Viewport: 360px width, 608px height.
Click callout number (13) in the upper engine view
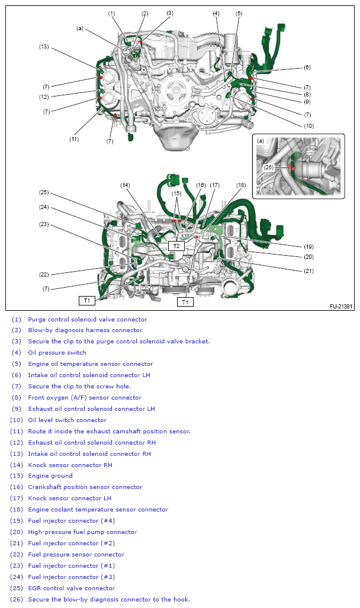click(44, 47)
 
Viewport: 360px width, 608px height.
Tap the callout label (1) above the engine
click(112, 13)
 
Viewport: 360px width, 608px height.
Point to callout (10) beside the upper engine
click(309, 126)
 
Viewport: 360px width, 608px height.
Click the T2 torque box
click(176, 245)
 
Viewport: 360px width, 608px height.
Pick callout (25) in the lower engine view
click(44, 192)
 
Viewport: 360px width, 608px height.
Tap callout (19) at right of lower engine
click(308, 246)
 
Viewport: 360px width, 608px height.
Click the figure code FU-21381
click(341, 307)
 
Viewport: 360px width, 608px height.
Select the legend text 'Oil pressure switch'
click(57, 353)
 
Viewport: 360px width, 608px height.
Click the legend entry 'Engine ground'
click(50, 476)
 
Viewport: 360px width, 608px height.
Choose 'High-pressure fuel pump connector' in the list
click(82, 532)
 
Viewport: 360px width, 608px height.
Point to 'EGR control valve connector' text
click(71, 588)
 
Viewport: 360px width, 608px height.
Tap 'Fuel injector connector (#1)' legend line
click(71, 566)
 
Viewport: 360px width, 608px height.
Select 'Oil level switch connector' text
click(67, 420)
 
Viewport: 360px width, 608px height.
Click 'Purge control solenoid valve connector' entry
click(87, 320)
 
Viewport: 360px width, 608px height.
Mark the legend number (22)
click(16, 555)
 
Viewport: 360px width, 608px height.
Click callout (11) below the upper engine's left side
click(74, 139)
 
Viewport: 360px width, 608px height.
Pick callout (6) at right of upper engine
click(307, 67)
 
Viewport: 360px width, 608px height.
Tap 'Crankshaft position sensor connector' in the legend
click(85, 487)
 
